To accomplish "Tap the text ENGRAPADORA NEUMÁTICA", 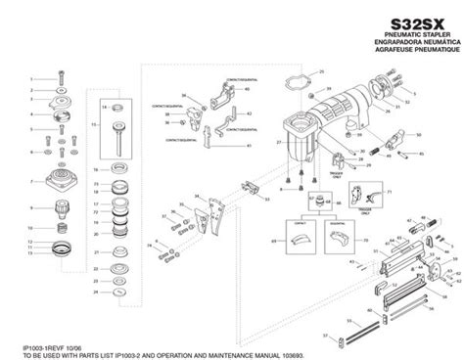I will tap(410, 43).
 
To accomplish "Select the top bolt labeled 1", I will tap(60, 76).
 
